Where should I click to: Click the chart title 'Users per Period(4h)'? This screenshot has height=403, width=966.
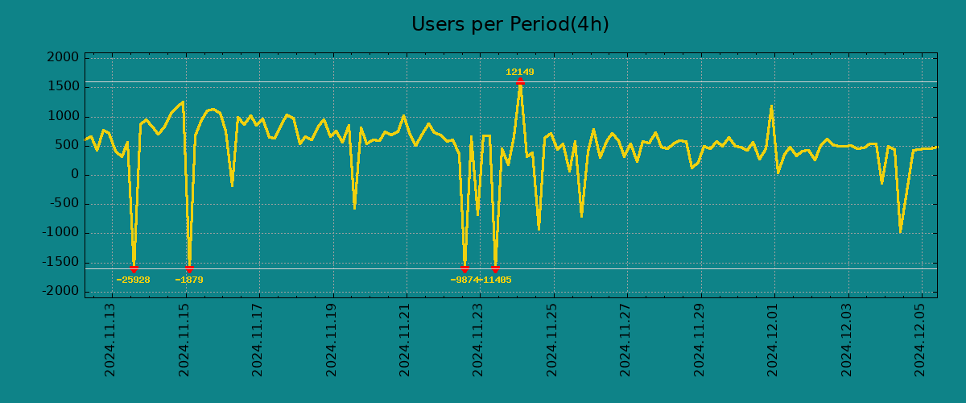(510, 25)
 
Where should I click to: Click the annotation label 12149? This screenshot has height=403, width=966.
(519, 73)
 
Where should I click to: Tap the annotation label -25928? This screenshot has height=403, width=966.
(133, 280)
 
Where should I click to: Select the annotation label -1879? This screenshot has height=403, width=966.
(189, 280)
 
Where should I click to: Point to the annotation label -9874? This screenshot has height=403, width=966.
(464, 280)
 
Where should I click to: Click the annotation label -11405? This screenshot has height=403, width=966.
(496, 280)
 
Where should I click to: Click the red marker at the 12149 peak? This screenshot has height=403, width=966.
(520, 81)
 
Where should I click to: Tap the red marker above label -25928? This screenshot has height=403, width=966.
(134, 268)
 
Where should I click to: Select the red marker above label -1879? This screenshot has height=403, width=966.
(189, 268)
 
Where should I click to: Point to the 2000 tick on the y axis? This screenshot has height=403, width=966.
(63, 58)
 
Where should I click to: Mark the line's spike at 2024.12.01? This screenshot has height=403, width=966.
(771, 106)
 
